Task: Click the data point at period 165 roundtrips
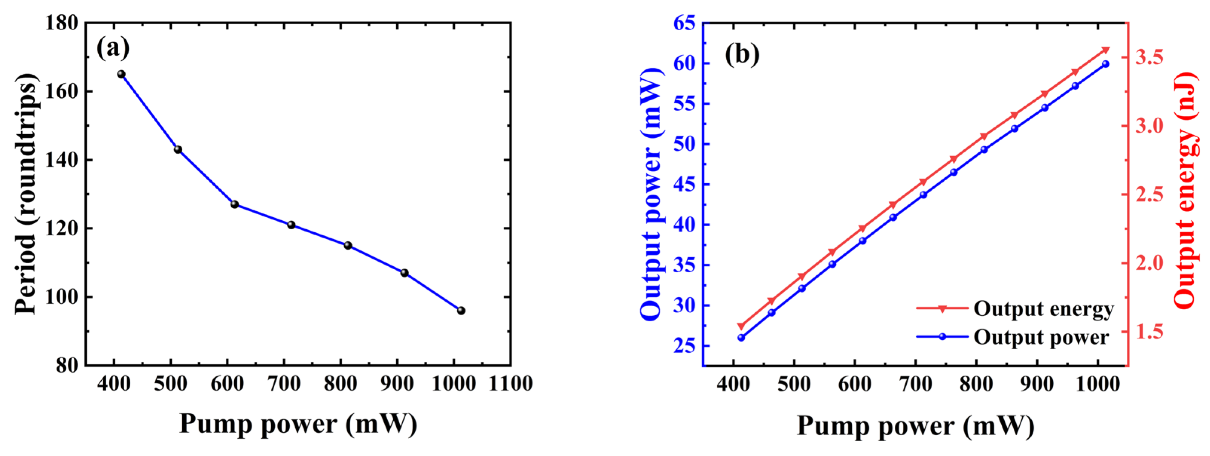click(x=121, y=74)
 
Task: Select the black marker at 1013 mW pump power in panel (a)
click(x=461, y=311)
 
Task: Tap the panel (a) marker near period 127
click(x=234, y=204)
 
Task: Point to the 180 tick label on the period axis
click(x=61, y=23)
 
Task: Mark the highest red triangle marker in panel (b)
click(x=1105, y=50)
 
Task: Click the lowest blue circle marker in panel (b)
click(x=741, y=338)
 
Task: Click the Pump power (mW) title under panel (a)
click(x=298, y=424)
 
